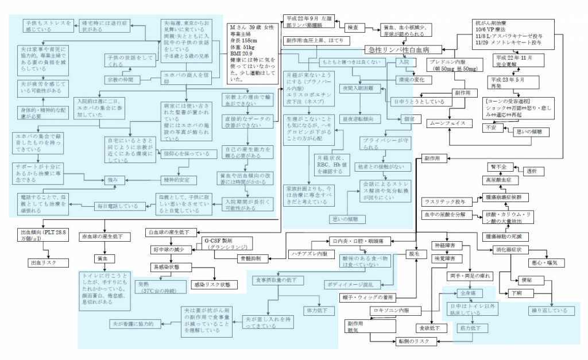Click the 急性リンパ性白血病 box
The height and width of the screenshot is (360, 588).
[396, 50]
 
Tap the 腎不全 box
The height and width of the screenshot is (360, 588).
[497, 166]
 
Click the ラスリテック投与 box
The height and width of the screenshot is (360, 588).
[446, 202]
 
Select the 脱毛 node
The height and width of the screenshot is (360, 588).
[415, 253]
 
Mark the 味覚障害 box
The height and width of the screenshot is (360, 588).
[444, 259]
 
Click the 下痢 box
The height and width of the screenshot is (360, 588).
[517, 293]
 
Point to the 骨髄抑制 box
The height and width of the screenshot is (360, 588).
[252, 259]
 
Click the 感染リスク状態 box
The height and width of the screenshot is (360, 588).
[212, 284]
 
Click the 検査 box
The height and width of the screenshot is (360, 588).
[352, 27]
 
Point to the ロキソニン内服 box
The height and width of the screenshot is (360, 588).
[391, 310]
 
